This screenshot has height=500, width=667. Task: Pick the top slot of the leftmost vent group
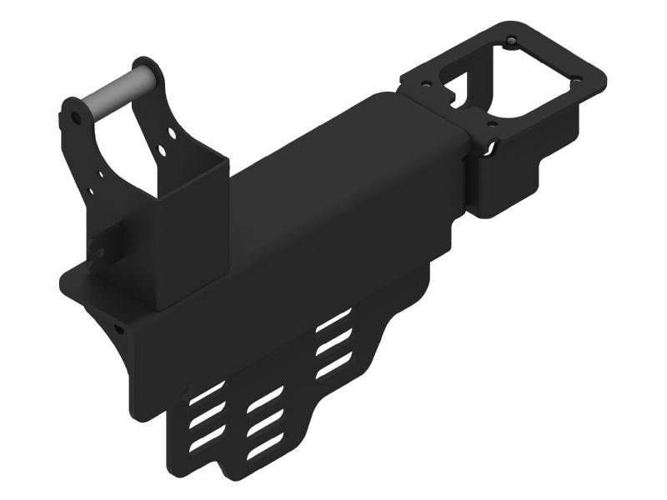(x=207, y=392)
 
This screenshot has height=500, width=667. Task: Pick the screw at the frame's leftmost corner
(x=428, y=84)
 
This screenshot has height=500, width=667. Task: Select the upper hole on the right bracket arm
(x=173, y=132)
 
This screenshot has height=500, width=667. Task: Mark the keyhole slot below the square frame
(x=492, y=148)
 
